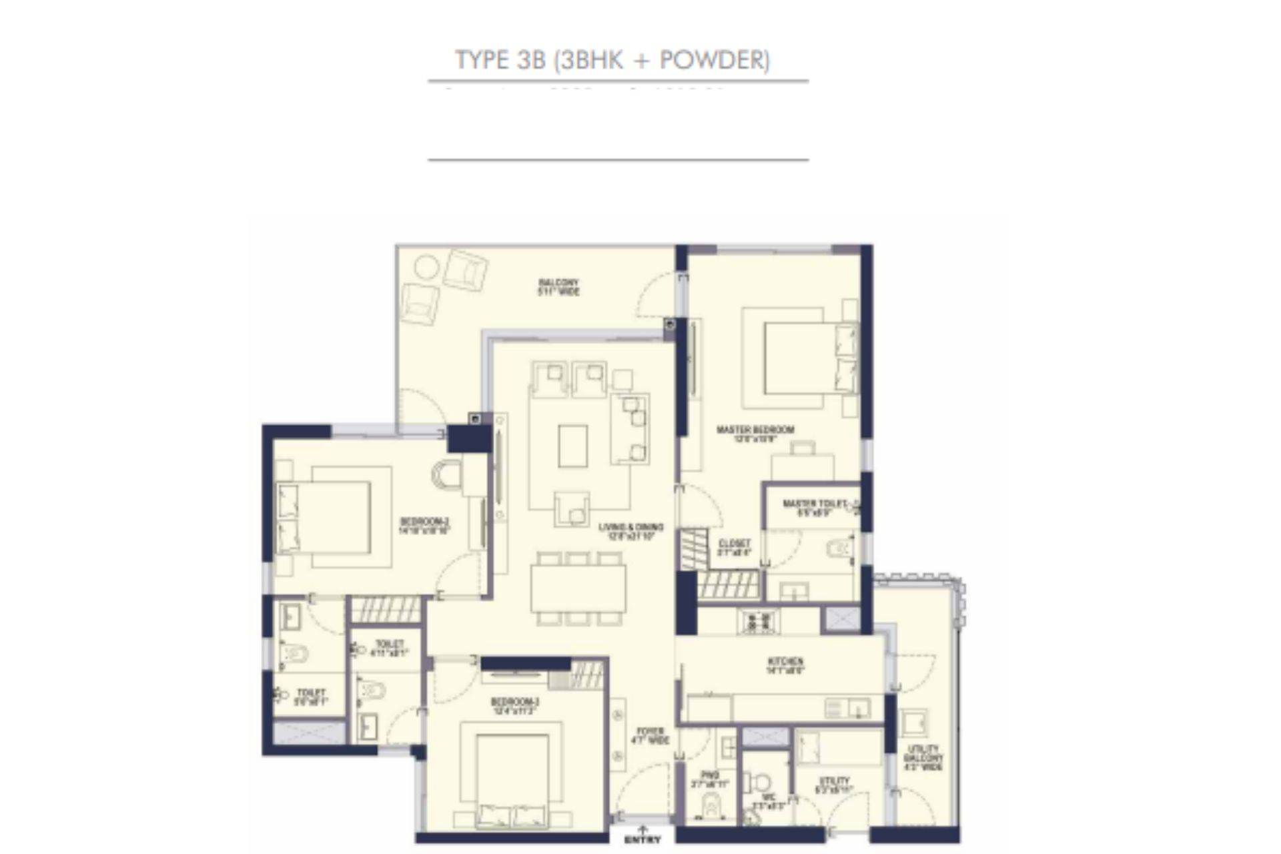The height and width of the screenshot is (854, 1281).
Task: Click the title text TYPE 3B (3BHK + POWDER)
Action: [x=612, y=60]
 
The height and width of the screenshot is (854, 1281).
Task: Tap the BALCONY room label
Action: [x=558, y=283]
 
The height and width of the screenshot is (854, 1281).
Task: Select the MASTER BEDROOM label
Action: [x=755, y=430]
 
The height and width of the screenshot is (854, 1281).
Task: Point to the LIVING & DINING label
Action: [x=630, y=528]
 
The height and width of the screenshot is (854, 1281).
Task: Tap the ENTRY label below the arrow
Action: [x=643, y=839]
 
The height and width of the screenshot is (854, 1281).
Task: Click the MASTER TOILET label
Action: [x=815, y=504]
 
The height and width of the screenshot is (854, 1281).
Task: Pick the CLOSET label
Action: [x=735, y=544]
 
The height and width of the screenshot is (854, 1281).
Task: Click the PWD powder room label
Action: [x=710, y=775]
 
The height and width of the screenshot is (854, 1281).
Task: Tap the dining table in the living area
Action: [x=578, y=588]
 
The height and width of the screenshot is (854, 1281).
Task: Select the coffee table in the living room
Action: [x=572, y=446]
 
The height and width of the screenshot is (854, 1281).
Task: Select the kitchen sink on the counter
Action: [x=847, y=707]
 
